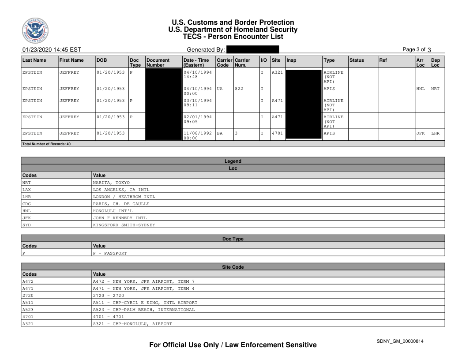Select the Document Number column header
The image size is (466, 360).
point(158,62)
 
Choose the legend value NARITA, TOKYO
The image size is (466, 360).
point(111,183)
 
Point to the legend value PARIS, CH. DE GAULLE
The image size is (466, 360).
point(121,204)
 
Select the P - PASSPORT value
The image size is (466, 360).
point(110,253)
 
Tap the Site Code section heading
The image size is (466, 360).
point(233,267)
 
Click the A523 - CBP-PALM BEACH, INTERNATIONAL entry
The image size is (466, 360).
point(143,310)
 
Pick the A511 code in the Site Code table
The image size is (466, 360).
point(28,303)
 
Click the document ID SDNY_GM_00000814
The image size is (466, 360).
point(401,341)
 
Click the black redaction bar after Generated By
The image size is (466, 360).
point(252,49)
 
